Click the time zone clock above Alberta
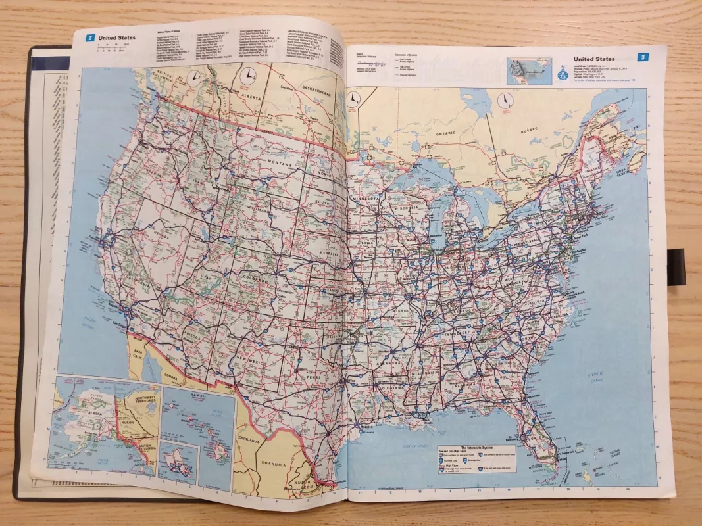[245, 76]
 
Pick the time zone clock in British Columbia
[193, 79]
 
